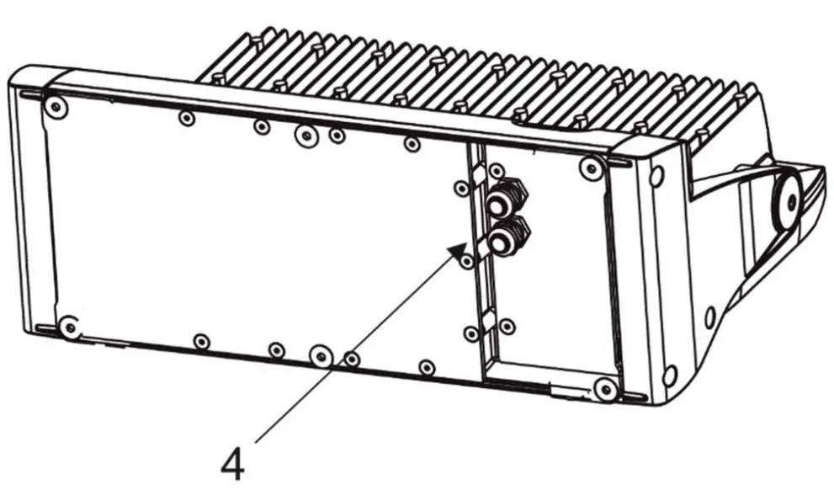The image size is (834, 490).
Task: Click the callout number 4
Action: pyautogui.click(x=233, y=462)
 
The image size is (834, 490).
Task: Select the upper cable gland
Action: pyautogui.click(x=505, y=200)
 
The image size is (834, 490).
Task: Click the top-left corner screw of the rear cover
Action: pyautogui.click(x=56, y=107)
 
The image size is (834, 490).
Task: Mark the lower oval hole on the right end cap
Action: pyautogui.click(x=670, y=374)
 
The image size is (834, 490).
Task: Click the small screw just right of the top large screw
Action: pyautogui.click(x=337, y=135)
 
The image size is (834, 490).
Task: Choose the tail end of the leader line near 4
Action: pyautogui.click(x=255, y=440)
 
